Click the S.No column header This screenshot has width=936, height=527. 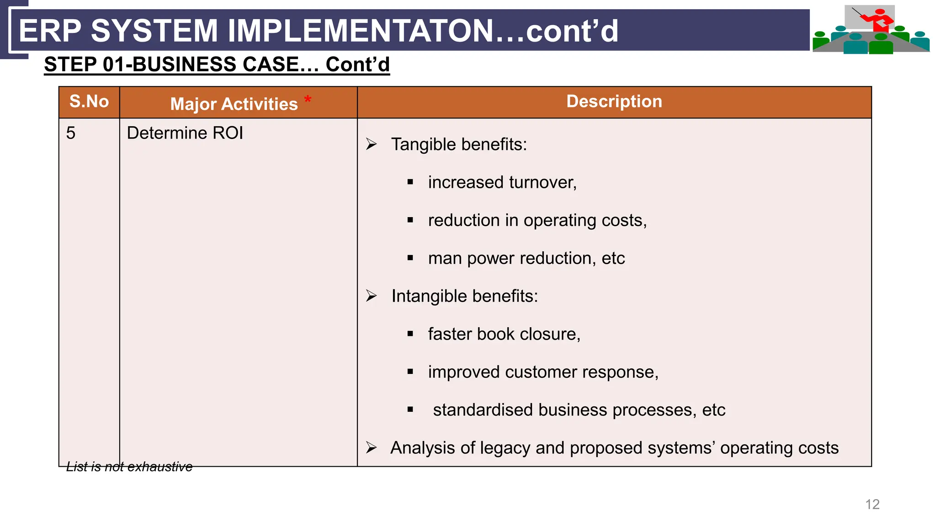(x=89, y=101)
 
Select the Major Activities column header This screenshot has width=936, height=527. (x=234, y=104)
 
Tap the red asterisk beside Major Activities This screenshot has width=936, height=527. (x=308, y=99)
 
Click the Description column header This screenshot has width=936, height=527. (x=614, y=101)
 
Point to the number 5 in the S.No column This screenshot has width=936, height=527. (x=71, y=133)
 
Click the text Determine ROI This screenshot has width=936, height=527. (x=185, y=133)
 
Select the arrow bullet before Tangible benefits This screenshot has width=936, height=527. (x=371, y=144)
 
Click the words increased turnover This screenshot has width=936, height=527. (x=502, y=182)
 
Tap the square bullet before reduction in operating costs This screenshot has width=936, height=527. (x=410, y=220)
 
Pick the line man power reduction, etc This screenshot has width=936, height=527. (x=526, y=258)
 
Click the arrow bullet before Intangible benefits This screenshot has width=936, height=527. (x=371, y=296)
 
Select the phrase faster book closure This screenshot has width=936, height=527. (x=504, y=334)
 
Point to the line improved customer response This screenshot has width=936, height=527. (x=543, y=372)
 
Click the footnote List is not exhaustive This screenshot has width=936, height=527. (x=129, y=467)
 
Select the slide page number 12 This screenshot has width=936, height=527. (x=872, y=504)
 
